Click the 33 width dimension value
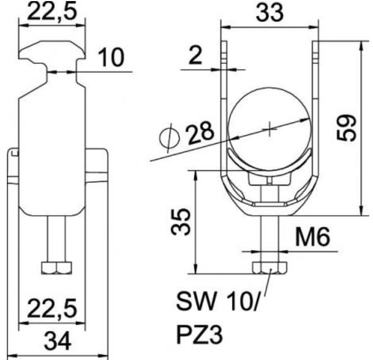tap(270, 12)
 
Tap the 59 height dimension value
tap(346, 128)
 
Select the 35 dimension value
tap(181, 222)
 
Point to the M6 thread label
tap(313, 236)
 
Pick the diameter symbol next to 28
tap(169, 139)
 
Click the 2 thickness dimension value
tap(195, 55)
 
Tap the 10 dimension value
tap(111, 57)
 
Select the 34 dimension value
tap(58, 341)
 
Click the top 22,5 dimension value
tap(52, 11)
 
